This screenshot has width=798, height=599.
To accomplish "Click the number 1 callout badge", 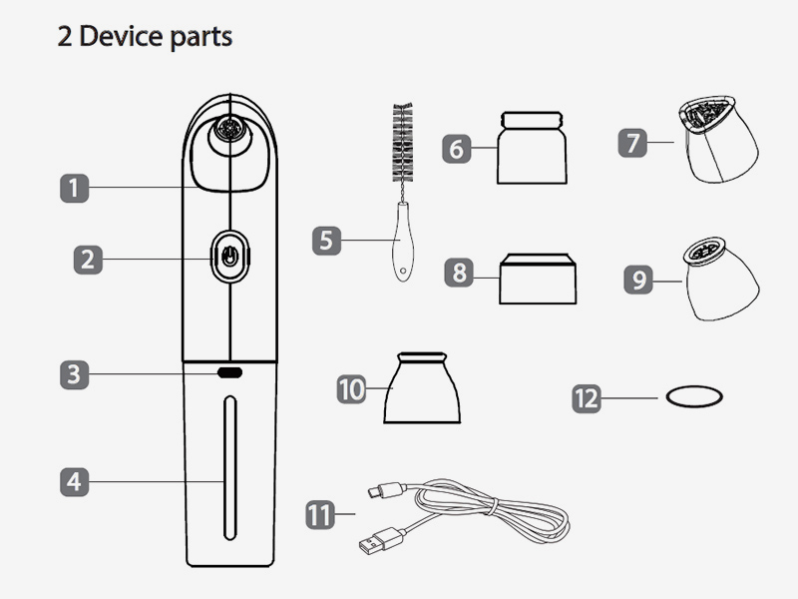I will tap(73, 187).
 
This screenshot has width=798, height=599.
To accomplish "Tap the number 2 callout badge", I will tap(88, 260).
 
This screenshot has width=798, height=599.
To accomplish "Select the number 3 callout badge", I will tap(73, 374).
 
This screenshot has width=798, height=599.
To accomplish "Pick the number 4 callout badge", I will tap(73, 481).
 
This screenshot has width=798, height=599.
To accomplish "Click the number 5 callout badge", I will tap(326, 241).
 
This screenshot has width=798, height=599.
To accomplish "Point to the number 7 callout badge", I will tap(631, 143).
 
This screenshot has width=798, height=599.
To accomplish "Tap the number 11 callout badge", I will tap(319, 515).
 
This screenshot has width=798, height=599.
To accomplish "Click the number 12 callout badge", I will tap(587, 397).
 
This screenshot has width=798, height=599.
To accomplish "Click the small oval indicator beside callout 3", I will tap(230, 372).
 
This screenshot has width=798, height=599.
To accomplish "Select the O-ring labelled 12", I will tap(692, 397).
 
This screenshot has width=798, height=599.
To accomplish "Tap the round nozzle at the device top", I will tap(231, 130).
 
